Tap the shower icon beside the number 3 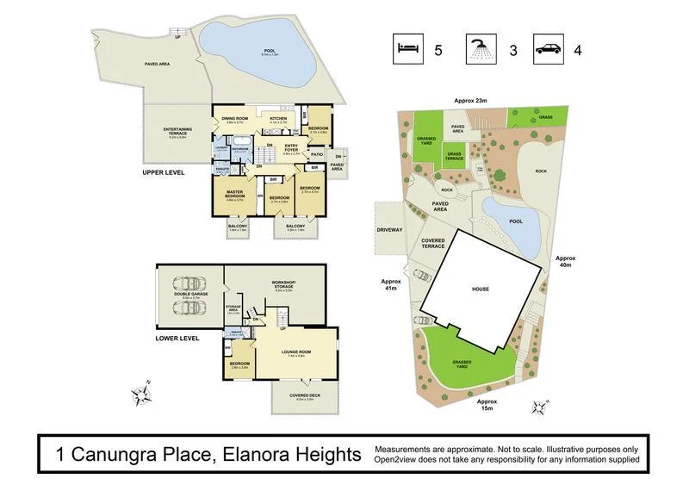[481, 47]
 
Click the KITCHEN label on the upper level [278, 119]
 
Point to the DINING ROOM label [234, 119]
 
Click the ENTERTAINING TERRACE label [177, 132]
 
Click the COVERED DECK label [305, 395]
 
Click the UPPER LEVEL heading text [164, 172]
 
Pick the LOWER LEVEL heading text [177, 339]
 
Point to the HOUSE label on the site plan [480, 289]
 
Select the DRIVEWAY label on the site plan [390, 231]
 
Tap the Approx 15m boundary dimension [487, 405]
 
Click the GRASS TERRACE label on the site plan [454, 157]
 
